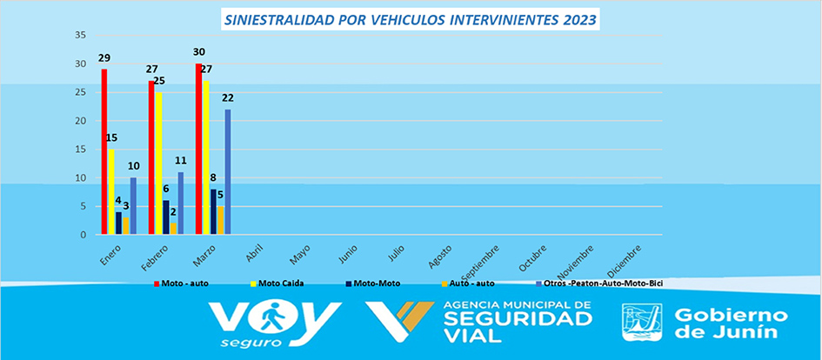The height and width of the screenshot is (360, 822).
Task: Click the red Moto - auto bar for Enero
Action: point(104,152)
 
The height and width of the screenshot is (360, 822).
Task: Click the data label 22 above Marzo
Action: point(228,97)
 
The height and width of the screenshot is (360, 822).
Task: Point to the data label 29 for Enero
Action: point(104,57)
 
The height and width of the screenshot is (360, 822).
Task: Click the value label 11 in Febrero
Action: point(181,161)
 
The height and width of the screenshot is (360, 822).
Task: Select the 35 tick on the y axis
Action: point(81,35)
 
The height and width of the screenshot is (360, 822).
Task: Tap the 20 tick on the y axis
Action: point(81,121)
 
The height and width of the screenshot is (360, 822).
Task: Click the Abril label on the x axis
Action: point(254,252)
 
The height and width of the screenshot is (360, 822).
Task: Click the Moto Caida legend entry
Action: point(282,283)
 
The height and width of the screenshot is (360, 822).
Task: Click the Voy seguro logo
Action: point(276,323)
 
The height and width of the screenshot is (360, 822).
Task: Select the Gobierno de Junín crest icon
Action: point(642,322)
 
